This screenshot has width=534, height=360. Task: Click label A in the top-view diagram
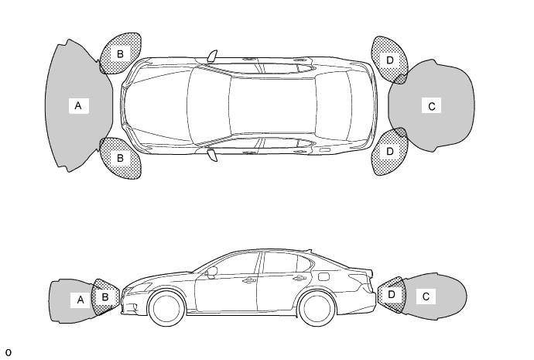[x=78, y=105]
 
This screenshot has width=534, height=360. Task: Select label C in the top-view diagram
[x=432, y=106]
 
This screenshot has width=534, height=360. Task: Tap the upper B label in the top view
[x=120, y=54]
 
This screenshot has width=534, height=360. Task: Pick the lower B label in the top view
[x=120, y=158]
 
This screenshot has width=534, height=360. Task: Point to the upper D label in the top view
[x=390, y=60]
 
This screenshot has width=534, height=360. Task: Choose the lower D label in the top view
[x=390, y=151]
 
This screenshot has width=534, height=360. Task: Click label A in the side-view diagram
[x=80, y=300]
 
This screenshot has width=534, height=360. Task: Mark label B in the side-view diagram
[x=105, y=297]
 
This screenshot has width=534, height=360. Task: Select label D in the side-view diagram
[x=392, y=294]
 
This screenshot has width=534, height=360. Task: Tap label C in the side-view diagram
[x=426, y=297]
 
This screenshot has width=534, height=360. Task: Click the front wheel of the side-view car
[x=166, y=308]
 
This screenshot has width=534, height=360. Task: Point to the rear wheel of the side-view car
[x=317, y=308]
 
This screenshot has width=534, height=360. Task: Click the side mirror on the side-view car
[x=212, y=273]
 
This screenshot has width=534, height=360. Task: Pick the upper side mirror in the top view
[x=212, y=57]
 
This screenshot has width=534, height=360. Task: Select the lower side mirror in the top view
[x=212, y=155]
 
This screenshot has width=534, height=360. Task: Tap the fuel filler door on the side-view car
[x=324, y=276]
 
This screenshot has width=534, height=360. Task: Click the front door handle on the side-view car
[x=249, y=280]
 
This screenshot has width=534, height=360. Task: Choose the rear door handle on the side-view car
[x=300, y=278]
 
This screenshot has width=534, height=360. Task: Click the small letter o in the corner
[x=9, y=352]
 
